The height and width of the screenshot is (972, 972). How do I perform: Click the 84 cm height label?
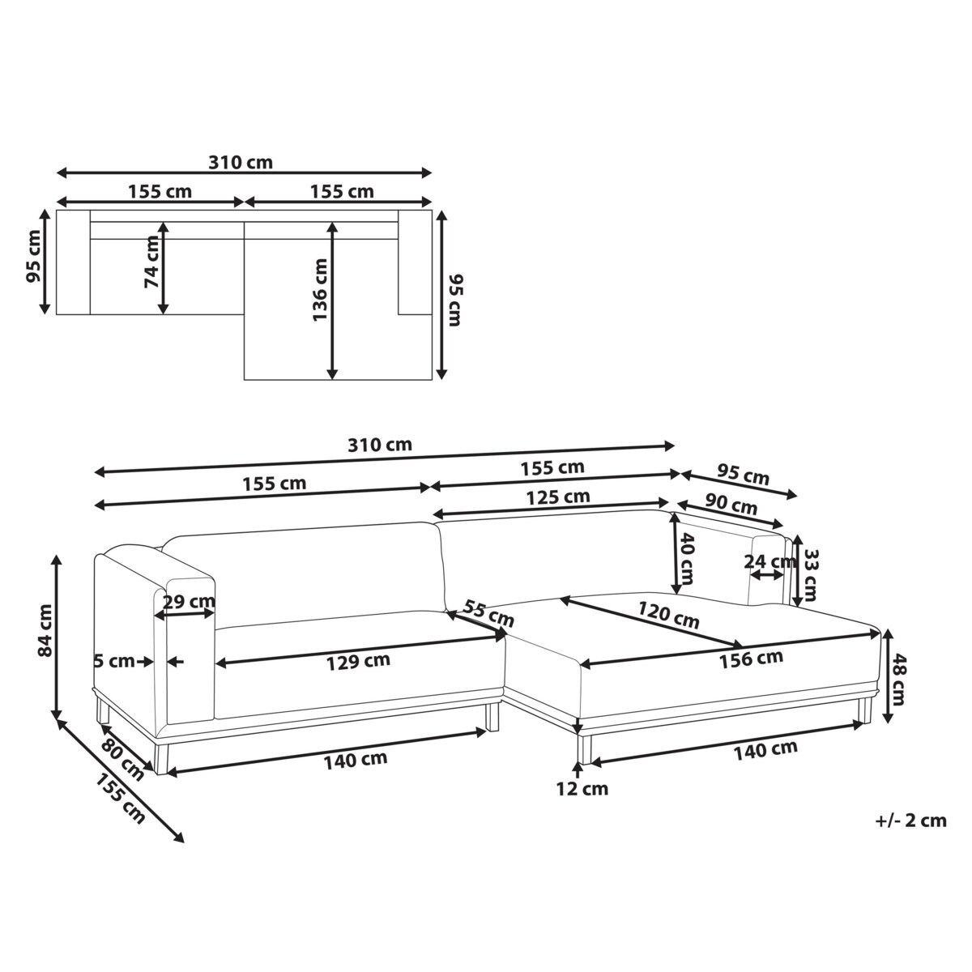click(45, 630)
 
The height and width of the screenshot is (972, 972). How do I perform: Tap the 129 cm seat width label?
click(358, 661)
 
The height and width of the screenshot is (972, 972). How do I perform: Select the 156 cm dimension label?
click(751, 659)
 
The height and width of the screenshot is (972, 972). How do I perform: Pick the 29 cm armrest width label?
click(190, 602)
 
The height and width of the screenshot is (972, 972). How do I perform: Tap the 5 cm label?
click(114, 661)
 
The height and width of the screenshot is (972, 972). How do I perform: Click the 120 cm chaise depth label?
click(669, 616)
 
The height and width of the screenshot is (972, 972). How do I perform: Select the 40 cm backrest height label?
click(687, 559)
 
